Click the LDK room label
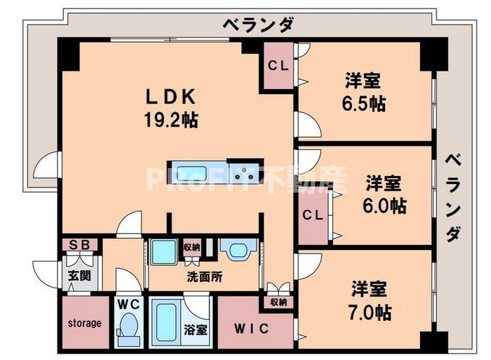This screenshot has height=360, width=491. click(x=172, y=97)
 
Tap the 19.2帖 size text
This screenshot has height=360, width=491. click(x=172, y=119)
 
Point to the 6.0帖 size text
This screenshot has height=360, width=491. click(x=385, y=204)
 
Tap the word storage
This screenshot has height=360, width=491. click(x=84, y=323)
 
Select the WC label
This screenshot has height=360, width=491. click(x=130, y=304)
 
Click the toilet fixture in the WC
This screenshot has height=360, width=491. click(x=130, y=327)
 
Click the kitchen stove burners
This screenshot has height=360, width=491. click(x=246, y=173)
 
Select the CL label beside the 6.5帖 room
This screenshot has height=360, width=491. click(x=279, y=66)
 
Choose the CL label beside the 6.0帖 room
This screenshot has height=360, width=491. click(x=312, y=214)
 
